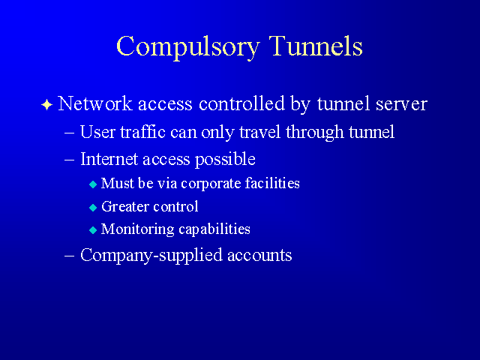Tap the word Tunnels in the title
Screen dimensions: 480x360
click(x=316, y=46)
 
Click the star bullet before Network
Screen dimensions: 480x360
click(x=46, y=105)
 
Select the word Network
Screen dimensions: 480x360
click(x=95, y=103)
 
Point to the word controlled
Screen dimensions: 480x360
click(x=241, y=103)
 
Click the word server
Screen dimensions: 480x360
click(x=401, y=105)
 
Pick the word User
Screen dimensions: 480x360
click(x=97, y=132)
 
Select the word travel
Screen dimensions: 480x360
click(x=260, y=132)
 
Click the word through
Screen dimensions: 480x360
click(x=314, y=133)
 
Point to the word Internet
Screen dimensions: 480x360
click(x=109, y=159)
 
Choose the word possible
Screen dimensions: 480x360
click(x=225, y=160)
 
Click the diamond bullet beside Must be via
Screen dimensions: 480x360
click(x=93, y=184)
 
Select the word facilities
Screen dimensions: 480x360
click(x=272, y=183)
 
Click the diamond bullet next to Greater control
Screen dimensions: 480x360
click(x=93, y=208)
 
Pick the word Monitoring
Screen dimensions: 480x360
click(x=137, y=229)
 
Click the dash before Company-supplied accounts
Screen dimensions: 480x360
click(x=70, y=255)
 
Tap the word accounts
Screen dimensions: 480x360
click(x=259, y=256)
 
